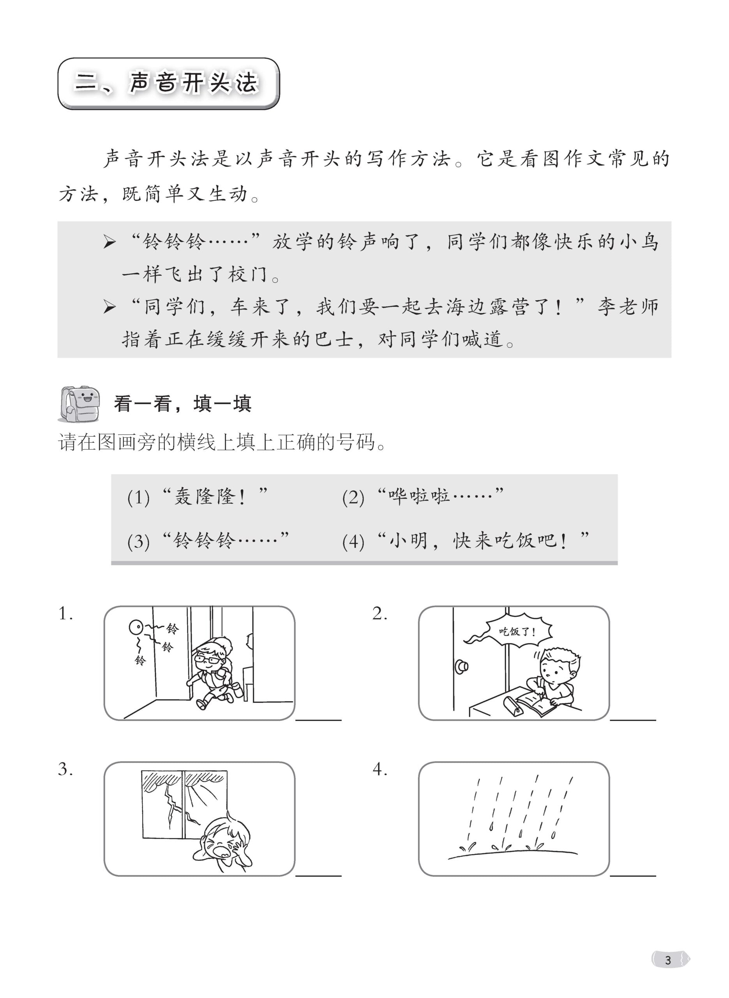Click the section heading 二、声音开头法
[x=168, y=83]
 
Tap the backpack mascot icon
[x=79, y=403]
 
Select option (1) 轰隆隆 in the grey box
[x=198, y=497]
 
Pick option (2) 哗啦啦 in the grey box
[x=423, y=497]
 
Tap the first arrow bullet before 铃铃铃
[x=109, y=242]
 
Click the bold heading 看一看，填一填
[x=182, y=404]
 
